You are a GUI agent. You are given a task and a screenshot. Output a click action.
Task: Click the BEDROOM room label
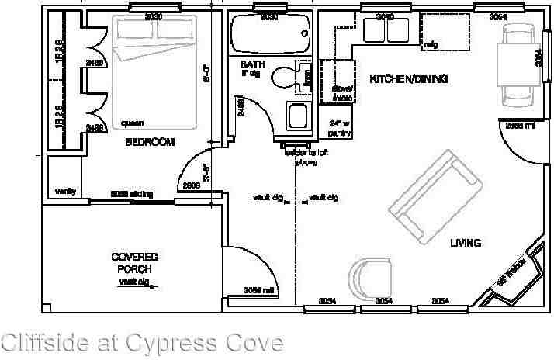pos(151,142)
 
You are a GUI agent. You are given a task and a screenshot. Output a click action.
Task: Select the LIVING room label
pos(466,244)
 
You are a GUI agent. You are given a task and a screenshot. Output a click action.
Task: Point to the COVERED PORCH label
pos(134,262)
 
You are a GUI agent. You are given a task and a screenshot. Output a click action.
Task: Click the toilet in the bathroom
pos(287,75)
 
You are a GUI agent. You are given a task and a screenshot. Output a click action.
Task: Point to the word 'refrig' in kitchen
pos(431,45)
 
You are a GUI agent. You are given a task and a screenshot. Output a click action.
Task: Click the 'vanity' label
pos(64,191)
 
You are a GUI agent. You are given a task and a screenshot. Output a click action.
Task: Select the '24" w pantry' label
pos(341,128)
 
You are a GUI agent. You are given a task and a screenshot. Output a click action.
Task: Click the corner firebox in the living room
pos(514,272)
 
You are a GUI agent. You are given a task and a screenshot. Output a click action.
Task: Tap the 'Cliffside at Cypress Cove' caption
pos(142,342)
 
